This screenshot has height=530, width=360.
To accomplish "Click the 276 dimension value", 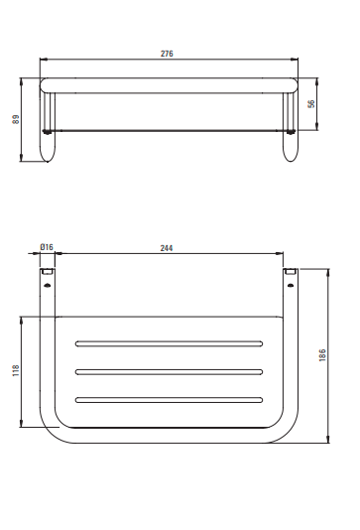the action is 167,54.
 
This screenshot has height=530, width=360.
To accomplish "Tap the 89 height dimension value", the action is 16,119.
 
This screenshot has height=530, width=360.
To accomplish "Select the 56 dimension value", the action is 311,104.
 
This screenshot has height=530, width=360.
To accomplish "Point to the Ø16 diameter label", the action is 47,247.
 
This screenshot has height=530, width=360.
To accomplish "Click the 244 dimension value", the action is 167,248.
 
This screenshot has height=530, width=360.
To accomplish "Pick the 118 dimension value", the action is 16,370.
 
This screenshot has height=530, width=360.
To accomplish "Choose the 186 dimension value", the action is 322,355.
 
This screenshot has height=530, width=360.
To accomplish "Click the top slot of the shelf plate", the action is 169,343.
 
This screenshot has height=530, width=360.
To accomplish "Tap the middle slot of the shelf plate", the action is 169,372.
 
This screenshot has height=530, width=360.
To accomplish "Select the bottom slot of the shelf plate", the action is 169,400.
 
